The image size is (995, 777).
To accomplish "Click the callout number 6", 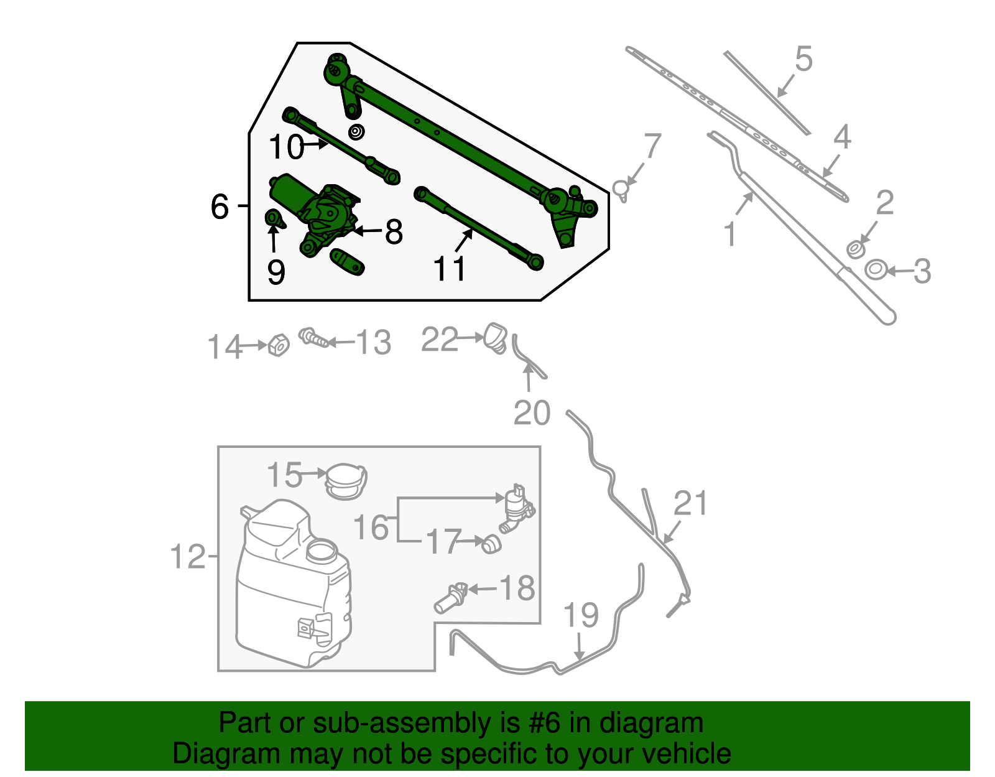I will [x=220, y=207].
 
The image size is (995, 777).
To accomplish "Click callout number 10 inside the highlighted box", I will [x=285, y=147].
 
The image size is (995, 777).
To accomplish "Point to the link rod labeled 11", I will [x=479, y=228].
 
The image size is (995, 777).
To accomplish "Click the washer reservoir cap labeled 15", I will [x=346, y=481].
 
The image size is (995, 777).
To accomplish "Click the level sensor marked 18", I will [x=450, y=598].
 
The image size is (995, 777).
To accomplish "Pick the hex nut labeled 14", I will [x=279, y=345].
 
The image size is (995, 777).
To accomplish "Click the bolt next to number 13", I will [x=314, y=339].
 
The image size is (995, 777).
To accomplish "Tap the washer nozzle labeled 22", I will [x=496, y=337].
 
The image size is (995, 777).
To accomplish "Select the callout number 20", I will [x=532, y=413].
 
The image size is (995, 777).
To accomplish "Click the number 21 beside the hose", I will [x=691, y=503].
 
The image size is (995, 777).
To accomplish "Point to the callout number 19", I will [x=581, y=615].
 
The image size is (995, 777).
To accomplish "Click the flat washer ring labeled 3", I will [x=876, y=270].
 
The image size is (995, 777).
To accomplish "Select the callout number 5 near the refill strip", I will [x=803, y=60].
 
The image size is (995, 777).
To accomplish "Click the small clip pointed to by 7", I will [x=621, y=188].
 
